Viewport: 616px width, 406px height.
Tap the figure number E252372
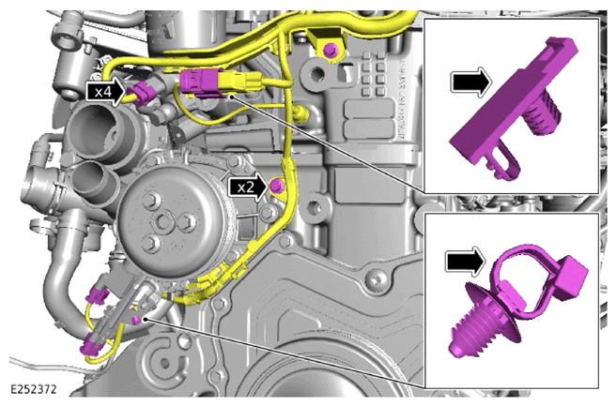(34, 389)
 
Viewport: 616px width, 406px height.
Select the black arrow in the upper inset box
(472, 83)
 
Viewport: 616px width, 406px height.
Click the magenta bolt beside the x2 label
(276, 185)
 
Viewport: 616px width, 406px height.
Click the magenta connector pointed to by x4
(142, 94)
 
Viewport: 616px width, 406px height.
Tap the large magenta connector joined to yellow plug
(199, 83)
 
